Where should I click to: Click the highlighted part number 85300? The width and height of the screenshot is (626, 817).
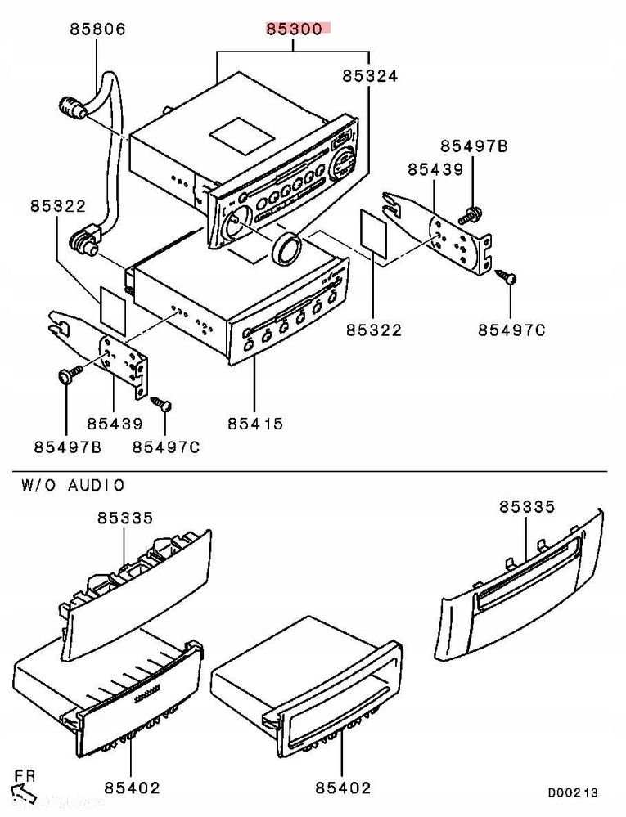(x=295, y=29)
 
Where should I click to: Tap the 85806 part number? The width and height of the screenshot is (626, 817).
(x=97, y=29)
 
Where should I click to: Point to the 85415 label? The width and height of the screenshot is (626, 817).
(x=255, y=424)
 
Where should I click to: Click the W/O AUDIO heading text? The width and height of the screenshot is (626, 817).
(x=73, y=486)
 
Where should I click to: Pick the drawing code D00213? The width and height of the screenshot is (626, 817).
(x=573, y=792)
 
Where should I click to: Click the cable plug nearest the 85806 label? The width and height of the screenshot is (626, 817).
(x=71, y=108)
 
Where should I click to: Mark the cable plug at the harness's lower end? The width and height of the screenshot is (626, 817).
(x=82, y=242)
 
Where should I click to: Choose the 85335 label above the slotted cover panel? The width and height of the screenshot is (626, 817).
(x=527, y=507)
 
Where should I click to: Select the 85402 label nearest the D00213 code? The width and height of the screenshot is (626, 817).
(x=343, y=788)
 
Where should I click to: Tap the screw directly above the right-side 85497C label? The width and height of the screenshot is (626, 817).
(x=508, y=278)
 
